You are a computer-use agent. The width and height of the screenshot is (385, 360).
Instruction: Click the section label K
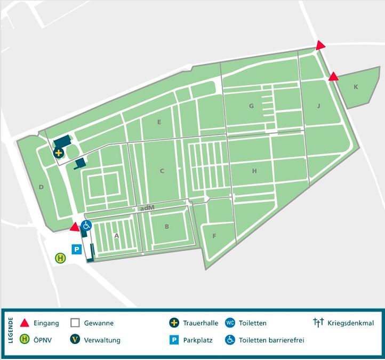[356, 86]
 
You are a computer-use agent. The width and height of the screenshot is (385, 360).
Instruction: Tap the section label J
[318, 106]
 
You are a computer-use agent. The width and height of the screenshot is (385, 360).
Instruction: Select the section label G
[251, 106]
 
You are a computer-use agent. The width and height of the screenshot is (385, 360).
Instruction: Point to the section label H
[254, 171]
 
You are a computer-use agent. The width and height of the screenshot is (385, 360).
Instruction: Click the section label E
[159, 122]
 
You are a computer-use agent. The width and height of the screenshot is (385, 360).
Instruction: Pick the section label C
[162, 171]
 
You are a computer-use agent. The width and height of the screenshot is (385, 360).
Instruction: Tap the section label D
[41, 187]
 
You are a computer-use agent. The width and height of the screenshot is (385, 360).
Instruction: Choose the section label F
[214, 236]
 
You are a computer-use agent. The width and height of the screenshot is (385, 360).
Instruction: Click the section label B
[167, 227]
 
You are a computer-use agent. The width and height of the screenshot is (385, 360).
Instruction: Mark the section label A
[116, 235]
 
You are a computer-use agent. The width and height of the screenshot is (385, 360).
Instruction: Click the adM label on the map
[147, 209]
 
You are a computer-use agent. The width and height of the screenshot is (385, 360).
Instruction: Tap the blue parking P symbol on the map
[77, 249]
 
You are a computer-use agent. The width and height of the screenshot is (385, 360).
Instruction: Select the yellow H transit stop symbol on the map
[61, 258]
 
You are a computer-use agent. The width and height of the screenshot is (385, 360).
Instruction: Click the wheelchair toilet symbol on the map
[86, 226]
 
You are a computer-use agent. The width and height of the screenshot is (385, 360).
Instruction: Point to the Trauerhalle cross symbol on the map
[59, 153]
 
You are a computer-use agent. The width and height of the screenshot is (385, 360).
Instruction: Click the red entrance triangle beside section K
[333, 77]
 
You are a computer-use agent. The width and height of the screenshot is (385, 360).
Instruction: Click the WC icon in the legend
[230, 323]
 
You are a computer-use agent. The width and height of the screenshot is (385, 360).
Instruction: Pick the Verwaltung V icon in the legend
[75, 339]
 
